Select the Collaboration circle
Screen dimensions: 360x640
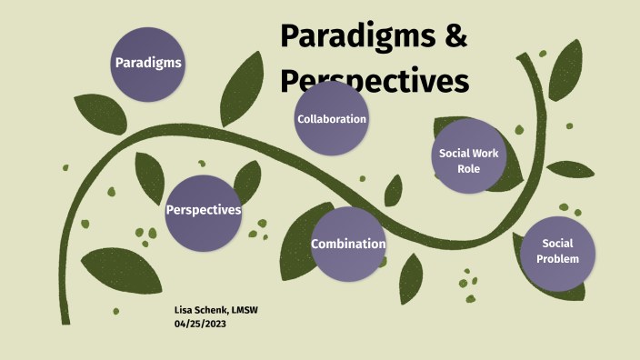click(x=332, y=119)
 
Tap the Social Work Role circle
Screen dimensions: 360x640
click(x=468, y=156)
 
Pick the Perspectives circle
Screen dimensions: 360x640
click(x=203, y=210)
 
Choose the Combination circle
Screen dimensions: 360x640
click(x=348, y=244)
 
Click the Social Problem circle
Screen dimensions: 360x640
click(x=557, y=252)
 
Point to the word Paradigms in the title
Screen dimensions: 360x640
click(x=359, y=36)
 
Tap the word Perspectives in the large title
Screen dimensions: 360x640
click(x=375, y=80)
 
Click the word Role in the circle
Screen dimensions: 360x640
click(x=468, y=168)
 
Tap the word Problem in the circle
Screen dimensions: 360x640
click(x=557, y=259)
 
